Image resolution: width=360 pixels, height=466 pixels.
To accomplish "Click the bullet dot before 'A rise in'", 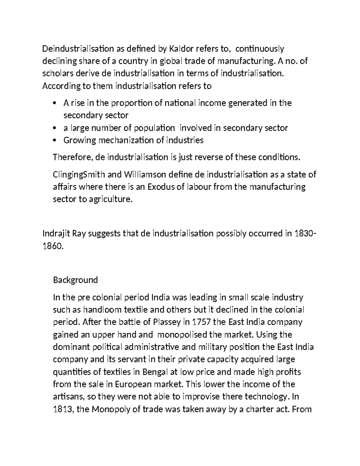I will [54, 103].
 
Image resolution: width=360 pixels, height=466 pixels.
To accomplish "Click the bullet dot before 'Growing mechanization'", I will [54, 140].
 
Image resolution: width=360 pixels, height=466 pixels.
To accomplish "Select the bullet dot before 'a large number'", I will [54, 128].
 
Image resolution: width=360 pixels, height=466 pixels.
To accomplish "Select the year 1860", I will [52, 246].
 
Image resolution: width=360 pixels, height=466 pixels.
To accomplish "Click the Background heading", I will [75, 280].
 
